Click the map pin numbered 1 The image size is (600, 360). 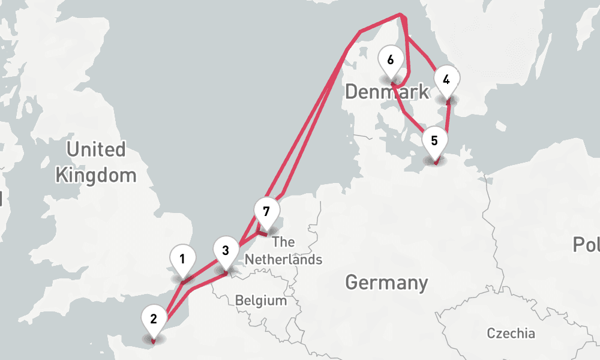[x=182, y=260]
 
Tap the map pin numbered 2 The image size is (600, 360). [x=154, y=319]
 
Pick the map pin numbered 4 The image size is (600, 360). [x=446, y=80]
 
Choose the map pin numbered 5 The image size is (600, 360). [x=434, y=142]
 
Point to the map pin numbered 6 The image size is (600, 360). [x=391, y=61]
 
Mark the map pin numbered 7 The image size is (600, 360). [x=266, y=211]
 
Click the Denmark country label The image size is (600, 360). [x=387, y=92]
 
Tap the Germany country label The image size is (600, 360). [x=387, y=282]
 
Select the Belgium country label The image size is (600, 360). [x=260, y=300]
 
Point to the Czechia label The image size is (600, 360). [x=511, y=334]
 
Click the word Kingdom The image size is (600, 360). [x=96, y=175]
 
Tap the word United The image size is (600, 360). [x=96, y=149]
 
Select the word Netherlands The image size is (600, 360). [x=283, y=260]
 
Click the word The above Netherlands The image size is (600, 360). [x=283, y=242]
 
